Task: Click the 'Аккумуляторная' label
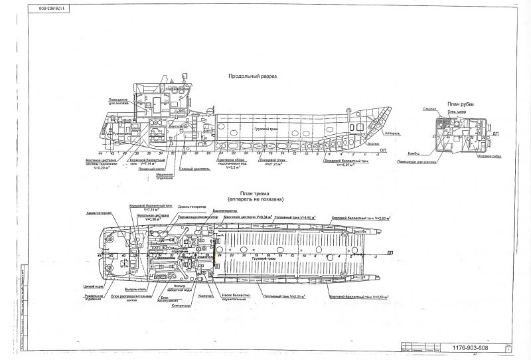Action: pos(99,213)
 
